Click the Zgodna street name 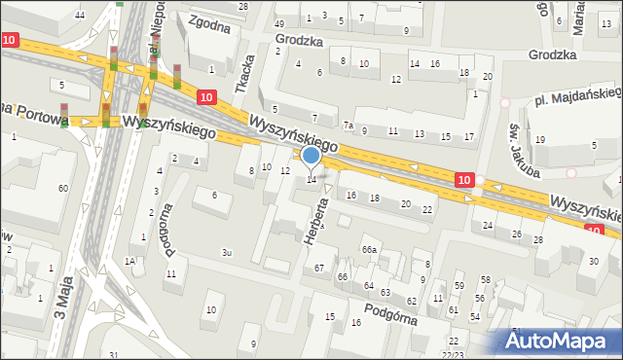209,24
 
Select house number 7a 347,125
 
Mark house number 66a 369,250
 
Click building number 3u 226,252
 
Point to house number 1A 129,262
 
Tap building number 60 62,188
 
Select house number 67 318,268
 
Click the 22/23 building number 455,354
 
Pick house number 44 80,15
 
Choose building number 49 279,22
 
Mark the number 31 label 114,354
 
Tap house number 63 385,292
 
